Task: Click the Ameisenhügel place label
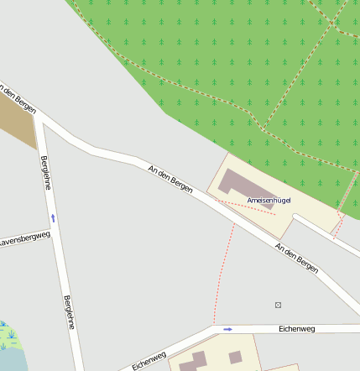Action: tap(269, 201)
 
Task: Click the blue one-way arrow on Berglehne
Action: tap(53, 218)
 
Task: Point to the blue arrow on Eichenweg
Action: tap(227, 329)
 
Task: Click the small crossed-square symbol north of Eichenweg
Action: tap(278, 305)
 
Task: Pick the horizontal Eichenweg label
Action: tap(296, 329)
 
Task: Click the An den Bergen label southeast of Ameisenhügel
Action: tap(297, 257)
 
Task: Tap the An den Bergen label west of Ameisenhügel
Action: tap(170, 180)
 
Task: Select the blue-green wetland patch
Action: tap(9, 344)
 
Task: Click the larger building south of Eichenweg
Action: tap(194, 362)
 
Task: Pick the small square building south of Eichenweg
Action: tap(236, 357)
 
